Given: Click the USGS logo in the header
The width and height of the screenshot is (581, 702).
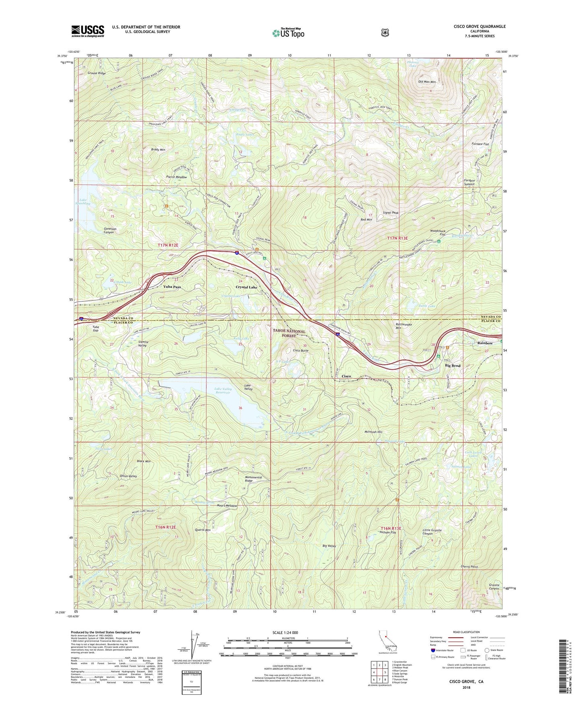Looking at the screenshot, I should pyautogui.click(x=88, y=31).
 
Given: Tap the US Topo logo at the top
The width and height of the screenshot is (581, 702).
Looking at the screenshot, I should pyautogui.click(x=288, y=33).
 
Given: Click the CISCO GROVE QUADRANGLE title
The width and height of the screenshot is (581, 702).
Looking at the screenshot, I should pyautogui.click(x=479, y=27).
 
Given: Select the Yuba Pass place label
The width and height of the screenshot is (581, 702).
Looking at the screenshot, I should pyautogui.click(x=172, y=287).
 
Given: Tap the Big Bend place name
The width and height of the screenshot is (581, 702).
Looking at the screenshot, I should pyautogui.click(x=452, y=365).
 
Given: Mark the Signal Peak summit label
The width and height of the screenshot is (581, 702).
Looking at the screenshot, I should pyautogui.click(x=390, y=212).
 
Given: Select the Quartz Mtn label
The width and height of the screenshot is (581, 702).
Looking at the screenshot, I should pyautogui.click(x=202, y=530).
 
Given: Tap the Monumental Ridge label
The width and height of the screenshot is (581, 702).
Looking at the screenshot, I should pyautogui.click(x=253, y=479).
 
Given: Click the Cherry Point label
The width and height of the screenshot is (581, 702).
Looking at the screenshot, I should pyautogui.click(x=469, y=567).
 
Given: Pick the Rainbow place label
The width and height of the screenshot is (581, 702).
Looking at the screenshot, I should pyautogui.click(x=485, y=343).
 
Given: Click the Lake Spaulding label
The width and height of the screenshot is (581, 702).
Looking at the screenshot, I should pyautogui.click(x=84, y=202).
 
